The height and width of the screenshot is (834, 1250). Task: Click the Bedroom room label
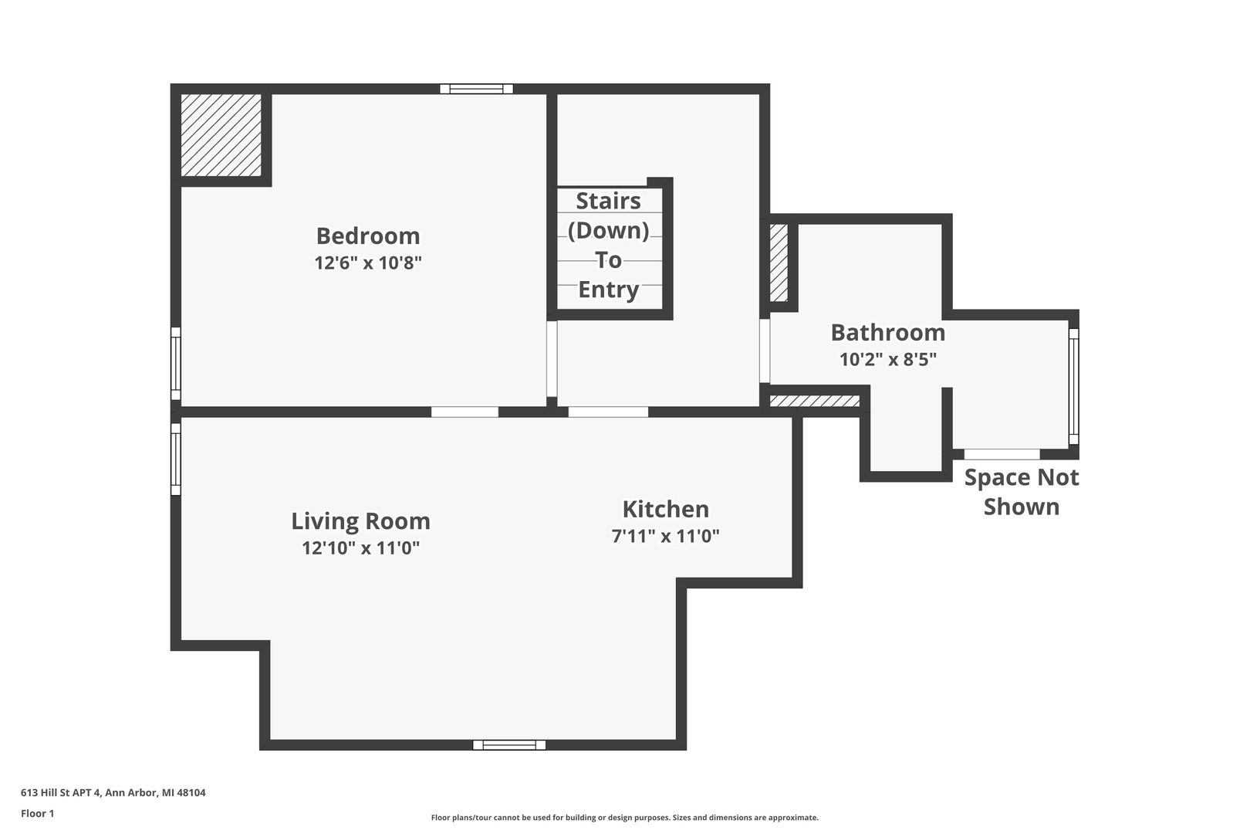pos(368,236)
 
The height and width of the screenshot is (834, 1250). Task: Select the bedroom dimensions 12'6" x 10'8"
pos(368,263)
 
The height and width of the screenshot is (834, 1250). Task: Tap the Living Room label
pos(360,522)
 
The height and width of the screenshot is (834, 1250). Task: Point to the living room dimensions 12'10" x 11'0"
pos(360,548)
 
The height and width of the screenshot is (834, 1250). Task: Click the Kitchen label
pos(666,510)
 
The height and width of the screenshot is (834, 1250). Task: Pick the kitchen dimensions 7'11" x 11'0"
pos(666,536)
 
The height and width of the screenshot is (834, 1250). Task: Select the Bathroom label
pos(888,333)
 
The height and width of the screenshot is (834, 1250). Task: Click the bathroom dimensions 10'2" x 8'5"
pos(888,359)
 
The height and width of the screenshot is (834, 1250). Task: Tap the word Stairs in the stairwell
pos(608,201)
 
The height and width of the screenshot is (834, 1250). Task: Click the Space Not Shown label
pos(1022,492)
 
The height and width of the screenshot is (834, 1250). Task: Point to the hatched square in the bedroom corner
pos(221,135)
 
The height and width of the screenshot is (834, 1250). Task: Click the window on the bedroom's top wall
pos(476,89)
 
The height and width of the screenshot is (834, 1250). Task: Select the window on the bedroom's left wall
pos(176,364)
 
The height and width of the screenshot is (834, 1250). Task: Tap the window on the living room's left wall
pos(176,459)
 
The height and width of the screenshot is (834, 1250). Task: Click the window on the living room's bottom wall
pos(509,744)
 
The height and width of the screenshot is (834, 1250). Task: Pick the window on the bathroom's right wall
pos(1073,387)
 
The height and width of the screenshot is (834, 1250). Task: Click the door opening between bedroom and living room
pos(465,412)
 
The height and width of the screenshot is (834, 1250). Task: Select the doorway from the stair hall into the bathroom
pos(765,351)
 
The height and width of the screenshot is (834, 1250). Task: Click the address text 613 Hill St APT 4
pos(62,792)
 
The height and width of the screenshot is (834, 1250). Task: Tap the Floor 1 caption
pos(37,813)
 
